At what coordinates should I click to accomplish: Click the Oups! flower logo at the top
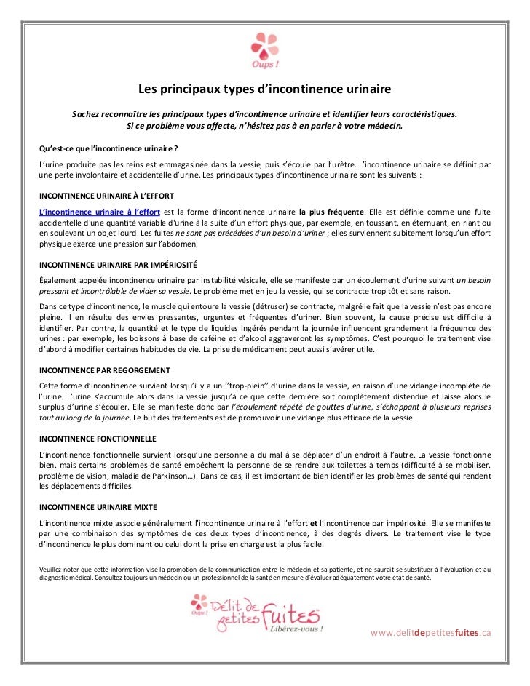point(264,48)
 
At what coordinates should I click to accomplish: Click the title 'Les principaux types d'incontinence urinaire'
point(265,89)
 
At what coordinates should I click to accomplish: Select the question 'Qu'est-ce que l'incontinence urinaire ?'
point(103,148)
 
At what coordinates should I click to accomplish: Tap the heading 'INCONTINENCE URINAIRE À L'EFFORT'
point(106,197)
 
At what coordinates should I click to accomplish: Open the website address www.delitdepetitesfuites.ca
point(432,632)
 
